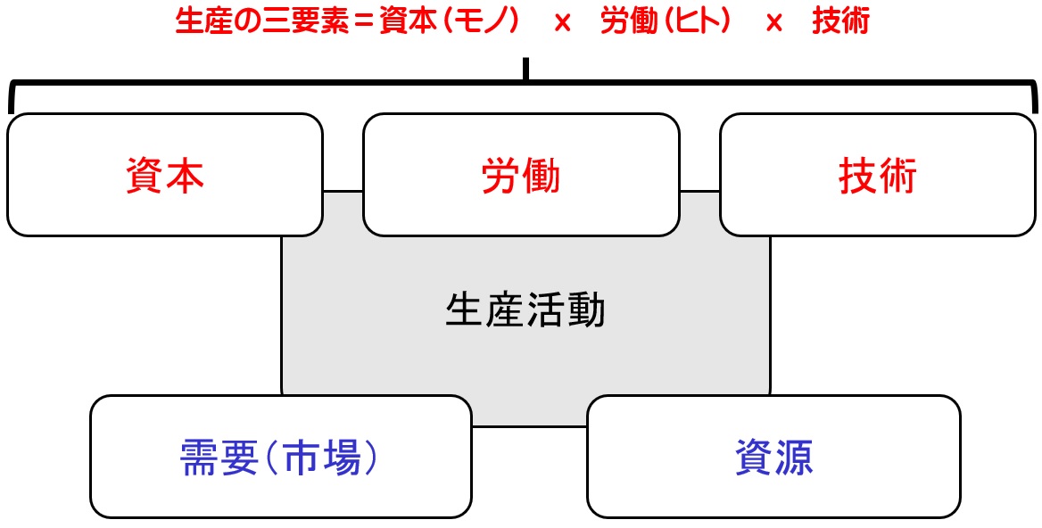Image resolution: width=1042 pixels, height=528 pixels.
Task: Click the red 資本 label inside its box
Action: tap(165, 176)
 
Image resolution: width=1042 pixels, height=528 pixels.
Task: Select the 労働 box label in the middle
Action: tap(521, 176)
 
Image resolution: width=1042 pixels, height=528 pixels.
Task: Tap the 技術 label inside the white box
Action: tap(878, 176)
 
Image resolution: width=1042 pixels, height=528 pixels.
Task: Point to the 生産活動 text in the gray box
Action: tap(525, 310)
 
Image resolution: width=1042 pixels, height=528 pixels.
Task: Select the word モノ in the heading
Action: tap(482, 23)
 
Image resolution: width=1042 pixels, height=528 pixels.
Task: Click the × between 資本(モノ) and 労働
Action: tap(562, 24)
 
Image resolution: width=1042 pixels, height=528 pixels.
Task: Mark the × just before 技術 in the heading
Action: tap(773, 24)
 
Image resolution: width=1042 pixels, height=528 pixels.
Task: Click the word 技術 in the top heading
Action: tap(840, 23)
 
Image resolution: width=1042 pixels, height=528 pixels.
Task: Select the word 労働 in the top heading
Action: tap(629, 23)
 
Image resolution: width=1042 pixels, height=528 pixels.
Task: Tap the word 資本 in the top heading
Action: tap(408, 23)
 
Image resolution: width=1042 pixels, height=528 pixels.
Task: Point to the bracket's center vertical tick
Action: tap(525, 70)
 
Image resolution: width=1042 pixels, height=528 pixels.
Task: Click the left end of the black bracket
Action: tap(10, 111)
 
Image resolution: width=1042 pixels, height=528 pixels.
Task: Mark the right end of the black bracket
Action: tap(1035, 111)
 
